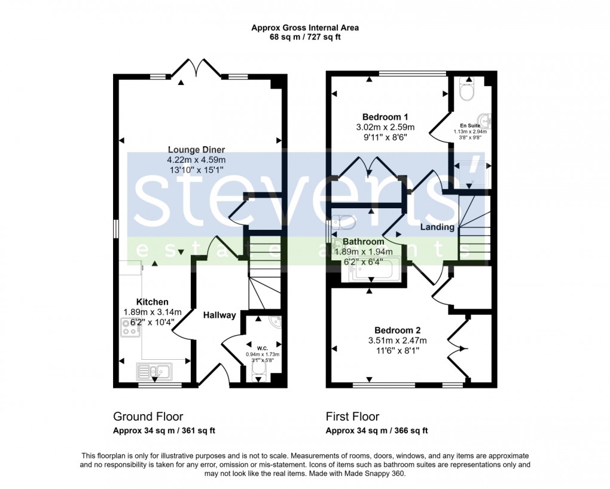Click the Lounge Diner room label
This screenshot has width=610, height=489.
click(196, 150)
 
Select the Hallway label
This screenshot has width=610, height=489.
click(219, 315)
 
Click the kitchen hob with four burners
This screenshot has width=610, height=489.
click(130, 327)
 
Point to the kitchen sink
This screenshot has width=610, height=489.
click(154, 372)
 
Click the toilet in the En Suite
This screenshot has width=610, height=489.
click(466, 90)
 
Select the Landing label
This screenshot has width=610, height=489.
click(437, 227)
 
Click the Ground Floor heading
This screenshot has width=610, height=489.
click(148, 417)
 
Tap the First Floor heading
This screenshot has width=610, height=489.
click(352, 417)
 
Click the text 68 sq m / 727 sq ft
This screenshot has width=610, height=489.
click(305, 37)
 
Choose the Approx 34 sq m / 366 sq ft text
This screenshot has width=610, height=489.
click(377, 431)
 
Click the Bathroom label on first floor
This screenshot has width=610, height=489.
click(364, 242)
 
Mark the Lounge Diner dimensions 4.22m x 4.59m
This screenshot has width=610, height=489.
click(196, 160)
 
